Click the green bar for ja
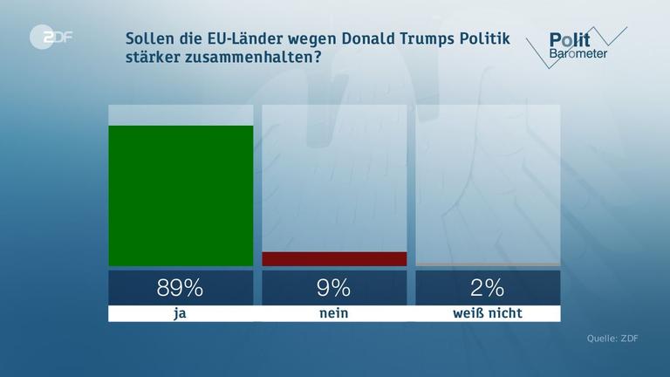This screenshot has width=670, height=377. tap(181, 195)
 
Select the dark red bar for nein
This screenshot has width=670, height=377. tap(334, 258)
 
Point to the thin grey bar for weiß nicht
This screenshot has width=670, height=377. tap(488, 264)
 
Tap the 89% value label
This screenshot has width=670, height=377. tap(181, 287)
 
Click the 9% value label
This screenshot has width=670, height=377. tap(334, 287)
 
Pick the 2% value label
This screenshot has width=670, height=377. tap(488, 287)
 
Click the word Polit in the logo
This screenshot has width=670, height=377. tap(570, 39)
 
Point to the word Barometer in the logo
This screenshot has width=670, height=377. tap(578, 54)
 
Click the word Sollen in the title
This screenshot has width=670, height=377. tap(149, 38)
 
